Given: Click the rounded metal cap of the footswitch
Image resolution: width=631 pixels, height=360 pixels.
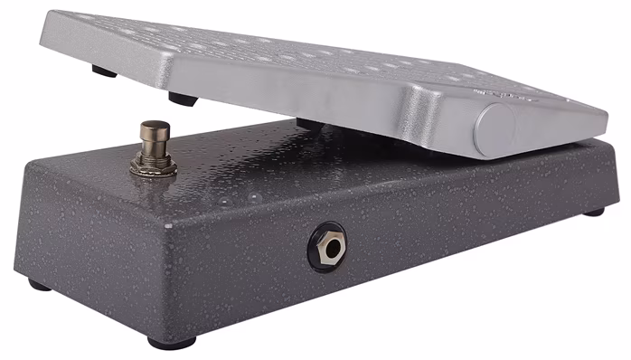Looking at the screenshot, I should tap(155, 128).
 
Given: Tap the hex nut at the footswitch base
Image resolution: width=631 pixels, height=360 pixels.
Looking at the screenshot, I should tap(151, 165).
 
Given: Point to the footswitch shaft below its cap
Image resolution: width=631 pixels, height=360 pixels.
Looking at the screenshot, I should tap(153, 148).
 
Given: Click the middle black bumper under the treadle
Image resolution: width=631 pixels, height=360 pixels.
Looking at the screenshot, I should tap(182, 99).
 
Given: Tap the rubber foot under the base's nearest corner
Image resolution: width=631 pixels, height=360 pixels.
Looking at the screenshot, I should tap(172, 344).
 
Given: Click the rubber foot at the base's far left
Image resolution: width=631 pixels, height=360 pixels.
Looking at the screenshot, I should tap(39, 285).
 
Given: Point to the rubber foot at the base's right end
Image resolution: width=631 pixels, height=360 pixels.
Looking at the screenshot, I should tap(593, 212).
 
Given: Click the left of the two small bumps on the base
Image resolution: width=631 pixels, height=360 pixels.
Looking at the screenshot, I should tap(223, 200).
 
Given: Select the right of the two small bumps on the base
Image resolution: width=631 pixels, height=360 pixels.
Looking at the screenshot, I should tap(256, 196).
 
